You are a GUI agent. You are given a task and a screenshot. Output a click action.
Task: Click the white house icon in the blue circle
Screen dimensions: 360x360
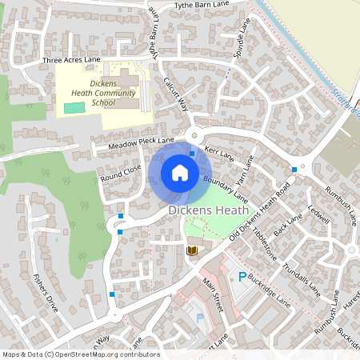tap(180, 172)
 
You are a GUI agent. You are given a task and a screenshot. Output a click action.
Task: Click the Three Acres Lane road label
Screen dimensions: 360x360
tap(71, 60)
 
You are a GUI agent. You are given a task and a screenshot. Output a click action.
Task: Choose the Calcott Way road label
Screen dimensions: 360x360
tap(176, 94)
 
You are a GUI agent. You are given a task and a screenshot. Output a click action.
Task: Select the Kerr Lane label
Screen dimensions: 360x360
tap(218, 151)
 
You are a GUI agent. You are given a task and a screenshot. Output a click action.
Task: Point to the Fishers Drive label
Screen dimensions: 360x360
tap(46, 293)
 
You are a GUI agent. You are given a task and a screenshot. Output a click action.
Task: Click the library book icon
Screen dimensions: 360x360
tap(191, 251)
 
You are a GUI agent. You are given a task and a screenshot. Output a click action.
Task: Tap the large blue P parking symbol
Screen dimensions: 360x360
tap(242, 277)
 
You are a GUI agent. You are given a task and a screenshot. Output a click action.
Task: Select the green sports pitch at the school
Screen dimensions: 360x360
tap(74, 107)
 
